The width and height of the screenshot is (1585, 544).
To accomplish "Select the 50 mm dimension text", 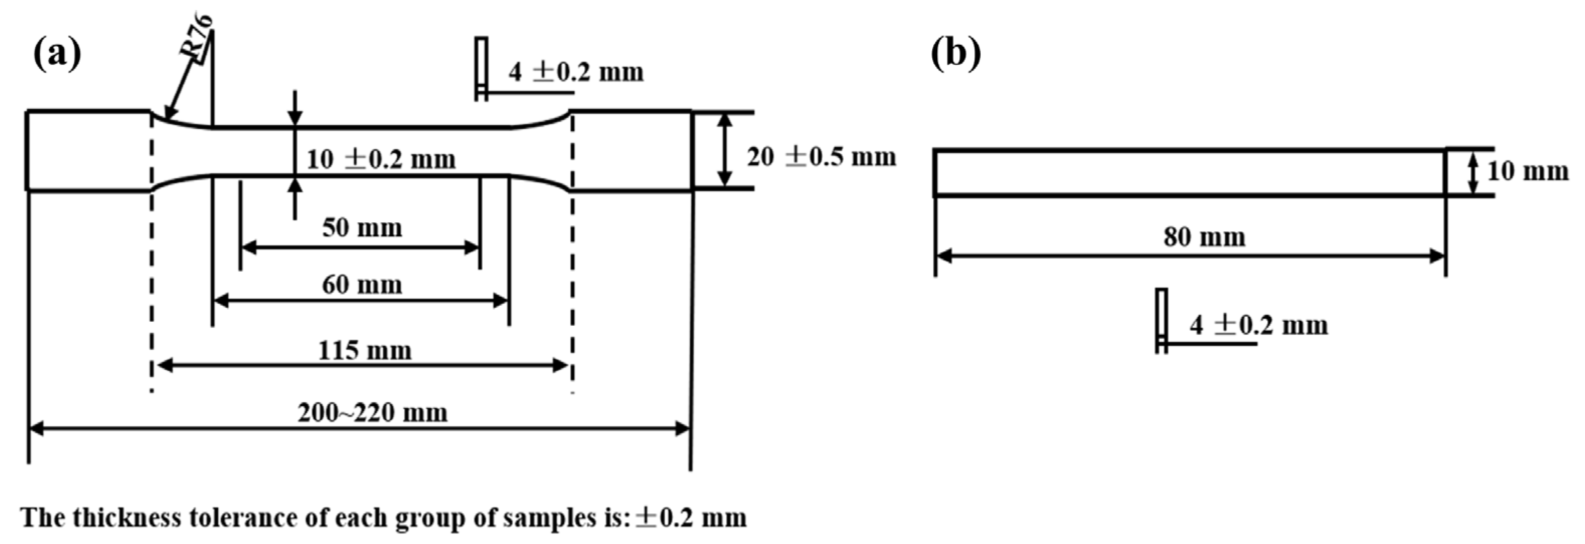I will pyautogui.click(x=362, y=228).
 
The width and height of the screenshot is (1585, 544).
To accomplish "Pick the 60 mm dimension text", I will pyautogui.click(x=362, y=285).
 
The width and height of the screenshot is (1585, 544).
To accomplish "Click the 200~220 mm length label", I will pyautogui.click(x=372, y=412).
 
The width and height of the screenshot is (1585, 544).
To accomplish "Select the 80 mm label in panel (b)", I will pyautogui.click(x=1204, y=237).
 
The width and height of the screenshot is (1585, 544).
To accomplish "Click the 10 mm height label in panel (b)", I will pyautogui.click(x=1527, y=171).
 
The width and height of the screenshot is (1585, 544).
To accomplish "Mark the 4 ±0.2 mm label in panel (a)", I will pyautogui.click(x=575, y=72).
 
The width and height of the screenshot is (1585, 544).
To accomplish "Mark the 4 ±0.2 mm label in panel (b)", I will pyautogui.click(x=1258, y=325).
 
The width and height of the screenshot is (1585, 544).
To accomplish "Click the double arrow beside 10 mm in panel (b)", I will pyautogui.click(x=1472, y=173).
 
